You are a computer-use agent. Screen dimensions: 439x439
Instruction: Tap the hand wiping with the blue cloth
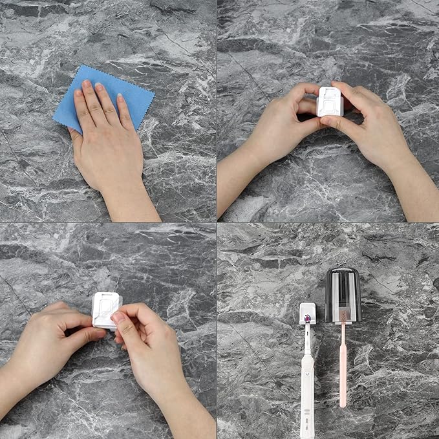107,142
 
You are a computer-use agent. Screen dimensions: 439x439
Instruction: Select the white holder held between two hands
330,102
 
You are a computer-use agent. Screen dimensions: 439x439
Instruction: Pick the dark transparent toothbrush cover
342,294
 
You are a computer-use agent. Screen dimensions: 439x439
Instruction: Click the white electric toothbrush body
307,394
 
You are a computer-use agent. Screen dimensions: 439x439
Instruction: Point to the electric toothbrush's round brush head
308,317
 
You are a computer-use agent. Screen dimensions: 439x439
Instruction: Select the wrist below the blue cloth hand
129,204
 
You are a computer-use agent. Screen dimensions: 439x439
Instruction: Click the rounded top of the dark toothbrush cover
342,271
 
